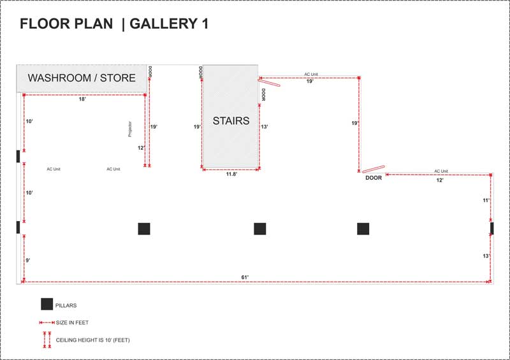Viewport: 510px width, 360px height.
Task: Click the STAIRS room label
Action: (x=231, y=120)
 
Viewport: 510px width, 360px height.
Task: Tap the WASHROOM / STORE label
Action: (x=82, y=78)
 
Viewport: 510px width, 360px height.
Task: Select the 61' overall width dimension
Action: (x=245, y=277)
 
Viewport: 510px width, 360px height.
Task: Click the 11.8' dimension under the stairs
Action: (x=231, y=175)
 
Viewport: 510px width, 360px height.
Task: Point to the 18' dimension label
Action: (x=82, y=99)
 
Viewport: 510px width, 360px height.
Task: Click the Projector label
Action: (x=130, y=129)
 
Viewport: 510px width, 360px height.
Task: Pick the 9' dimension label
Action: (x=28, y=261)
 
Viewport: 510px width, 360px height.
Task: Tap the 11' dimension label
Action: (x=486, y=200)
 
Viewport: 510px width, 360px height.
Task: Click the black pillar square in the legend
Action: (x=47, y=304)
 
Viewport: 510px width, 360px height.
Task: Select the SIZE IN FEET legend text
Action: (x=72, y=322)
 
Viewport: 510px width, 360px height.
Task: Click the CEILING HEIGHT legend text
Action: (x=92, y=340)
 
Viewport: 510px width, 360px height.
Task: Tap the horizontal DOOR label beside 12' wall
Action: (x=374, y=178)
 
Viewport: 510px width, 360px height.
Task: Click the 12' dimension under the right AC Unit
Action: (x=440, y=180)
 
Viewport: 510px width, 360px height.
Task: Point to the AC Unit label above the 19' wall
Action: (x=311, y=75)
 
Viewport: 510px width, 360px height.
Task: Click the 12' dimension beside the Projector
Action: (x=141, y=148)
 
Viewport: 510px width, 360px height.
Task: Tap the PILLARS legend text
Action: (x=66, y=305)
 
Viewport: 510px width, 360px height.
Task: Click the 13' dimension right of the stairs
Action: (x=265, y=127)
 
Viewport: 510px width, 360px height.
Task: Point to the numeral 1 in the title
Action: (x=205, y=24)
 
